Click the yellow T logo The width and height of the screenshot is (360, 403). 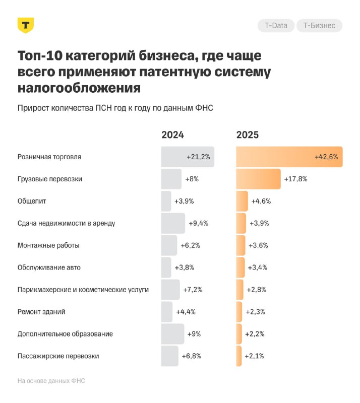(x=26, y=26)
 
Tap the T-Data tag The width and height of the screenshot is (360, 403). (x=276, y=26)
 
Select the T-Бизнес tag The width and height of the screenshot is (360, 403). (x=319, y=26)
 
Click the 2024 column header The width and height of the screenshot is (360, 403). (x=173, y=135)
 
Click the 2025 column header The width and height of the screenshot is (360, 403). (x=248, y=135)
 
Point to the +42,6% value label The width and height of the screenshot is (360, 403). (x=326, y=157)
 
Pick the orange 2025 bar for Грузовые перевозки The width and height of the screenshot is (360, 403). (x=258, y=179)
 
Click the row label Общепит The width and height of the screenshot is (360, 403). (x=32, y=201)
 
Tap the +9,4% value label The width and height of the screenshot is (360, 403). (x=198, y=223)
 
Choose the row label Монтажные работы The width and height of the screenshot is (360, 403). (x=48, y=245)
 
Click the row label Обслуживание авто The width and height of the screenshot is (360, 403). (x=49, y=267)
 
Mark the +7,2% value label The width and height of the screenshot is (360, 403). (x=193, y=290)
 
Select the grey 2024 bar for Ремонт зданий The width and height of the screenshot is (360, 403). (x=167, y=312)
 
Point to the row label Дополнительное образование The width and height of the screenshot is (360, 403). (x=65, y=334)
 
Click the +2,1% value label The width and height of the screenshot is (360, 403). (x=255, y=356)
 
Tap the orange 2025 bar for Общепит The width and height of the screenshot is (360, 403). (x=242, y=201)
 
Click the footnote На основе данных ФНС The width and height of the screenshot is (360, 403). (x=51, y=381)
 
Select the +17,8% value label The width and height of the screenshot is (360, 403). (x=296, y=179)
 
